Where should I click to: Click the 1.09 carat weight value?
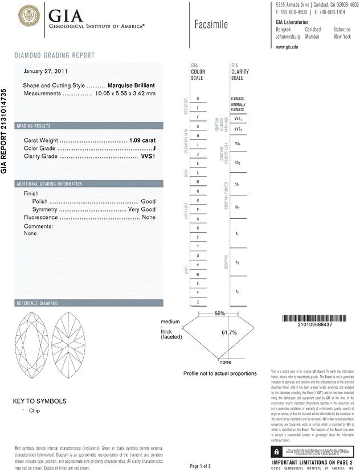(142, 140)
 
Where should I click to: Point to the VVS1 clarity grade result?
(148, 156)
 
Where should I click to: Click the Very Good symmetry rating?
(142, 209)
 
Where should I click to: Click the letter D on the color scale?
(198, 99)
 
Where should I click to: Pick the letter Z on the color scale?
(198, 301)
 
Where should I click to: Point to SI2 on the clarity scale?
(237, 207)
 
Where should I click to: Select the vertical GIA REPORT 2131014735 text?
(5, 131)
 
